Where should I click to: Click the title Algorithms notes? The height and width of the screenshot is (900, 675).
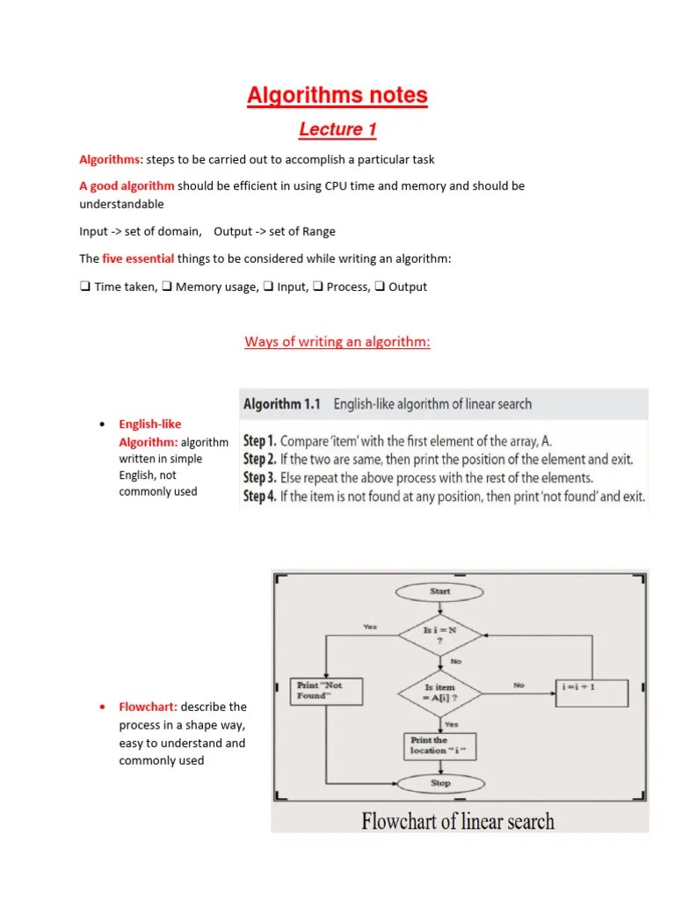(x=337, y=95)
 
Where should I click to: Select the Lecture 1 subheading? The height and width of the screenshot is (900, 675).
(x=337, y=130)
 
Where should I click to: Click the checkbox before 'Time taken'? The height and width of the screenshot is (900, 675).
(x=85, y=287)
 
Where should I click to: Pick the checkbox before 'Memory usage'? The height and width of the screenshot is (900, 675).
(x=167, y=287)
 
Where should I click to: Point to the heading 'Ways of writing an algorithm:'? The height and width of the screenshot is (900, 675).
(x=337, y=342)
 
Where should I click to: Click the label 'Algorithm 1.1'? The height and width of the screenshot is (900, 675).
(x=282, y=404)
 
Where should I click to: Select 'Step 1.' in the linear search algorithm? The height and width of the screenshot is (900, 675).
(x=260, y=441)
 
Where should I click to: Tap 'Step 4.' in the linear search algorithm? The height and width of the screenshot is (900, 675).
(x=260, y=497)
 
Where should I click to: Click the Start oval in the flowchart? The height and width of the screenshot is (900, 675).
(x=440, y=592)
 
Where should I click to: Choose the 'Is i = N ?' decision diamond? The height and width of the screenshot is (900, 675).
(x=440, y=634)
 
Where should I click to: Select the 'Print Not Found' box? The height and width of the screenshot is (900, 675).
(x=327, y=691)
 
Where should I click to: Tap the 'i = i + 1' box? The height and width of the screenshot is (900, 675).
(x=592, y=692)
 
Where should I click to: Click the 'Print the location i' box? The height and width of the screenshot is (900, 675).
(x=440, y=745)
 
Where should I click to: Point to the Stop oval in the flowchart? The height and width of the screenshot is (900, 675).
(x=440, y=782)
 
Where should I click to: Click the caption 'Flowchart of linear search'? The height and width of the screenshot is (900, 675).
(x=459, y=822)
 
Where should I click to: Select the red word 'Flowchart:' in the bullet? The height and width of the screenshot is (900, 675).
(x=148, y=707)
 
